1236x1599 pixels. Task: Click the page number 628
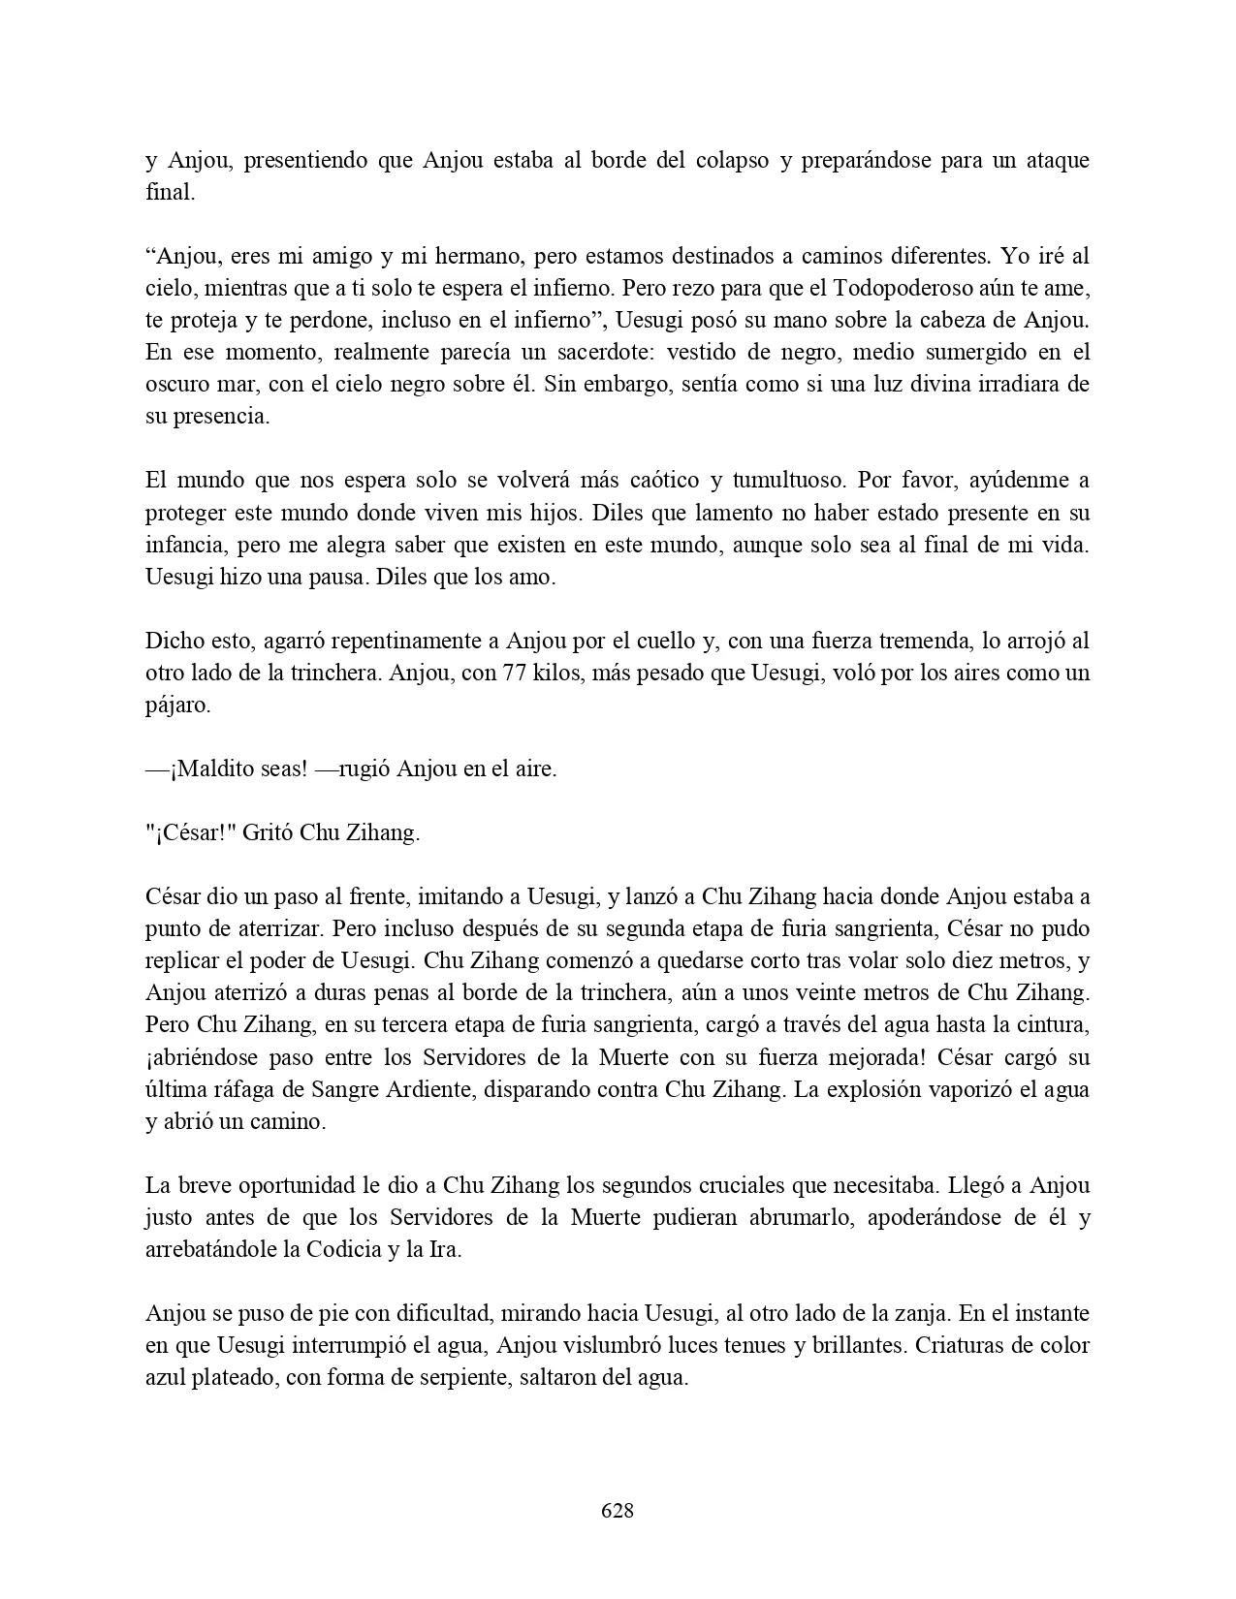tap(618, 1510)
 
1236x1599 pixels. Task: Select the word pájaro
tap(175, 705)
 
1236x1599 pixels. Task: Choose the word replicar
tap(184, 961)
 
